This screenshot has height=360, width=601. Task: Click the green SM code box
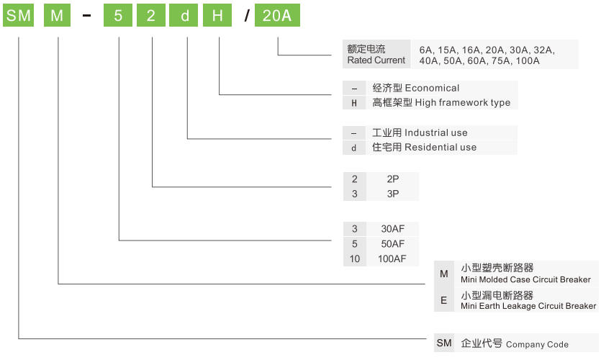pyautogui.click(x=19, y=15)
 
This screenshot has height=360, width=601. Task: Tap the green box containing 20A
pyautogui.click(x=277, y=15)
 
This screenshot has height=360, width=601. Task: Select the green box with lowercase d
pyautogui.click(x=184, y=15)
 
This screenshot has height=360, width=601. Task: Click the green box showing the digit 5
pyautogui.click(x=117, y=15)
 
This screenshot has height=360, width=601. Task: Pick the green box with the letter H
pyautogui.click(x=217, y=15)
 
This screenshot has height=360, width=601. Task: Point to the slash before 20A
pyautogui.click(x=246, y=16)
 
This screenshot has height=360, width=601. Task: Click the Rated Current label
pyautogui.click(x=376, y=60)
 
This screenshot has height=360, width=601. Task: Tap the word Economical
pyautogui.click(x=432, y=88)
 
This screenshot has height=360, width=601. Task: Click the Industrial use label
pyautogui.click(x=435, y=132)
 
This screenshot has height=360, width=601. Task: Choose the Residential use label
pyautogui.click(x=440, y=147)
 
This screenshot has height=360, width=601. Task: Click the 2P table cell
pyautogui.click(x=392, y=179)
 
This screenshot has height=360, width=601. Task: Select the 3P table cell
pyautogui.click(x=392, y=194)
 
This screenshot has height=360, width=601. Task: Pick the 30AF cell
pyautogui.click(x=392, y=229)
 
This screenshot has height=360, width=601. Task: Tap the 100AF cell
pyautogui.click(x=392, y=258)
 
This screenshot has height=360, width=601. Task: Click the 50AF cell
pyautogui.click(x=392, y=244)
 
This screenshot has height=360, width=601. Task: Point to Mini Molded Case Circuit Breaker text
pyautogui.click(x=525, y=279)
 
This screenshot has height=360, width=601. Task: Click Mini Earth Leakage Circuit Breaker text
pyautogui.click(x=528, y=306)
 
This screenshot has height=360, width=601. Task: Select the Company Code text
pyautogui.click(x=537, y=344)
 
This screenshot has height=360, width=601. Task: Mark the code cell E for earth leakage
pyautogui.click(x=444, y=300)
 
